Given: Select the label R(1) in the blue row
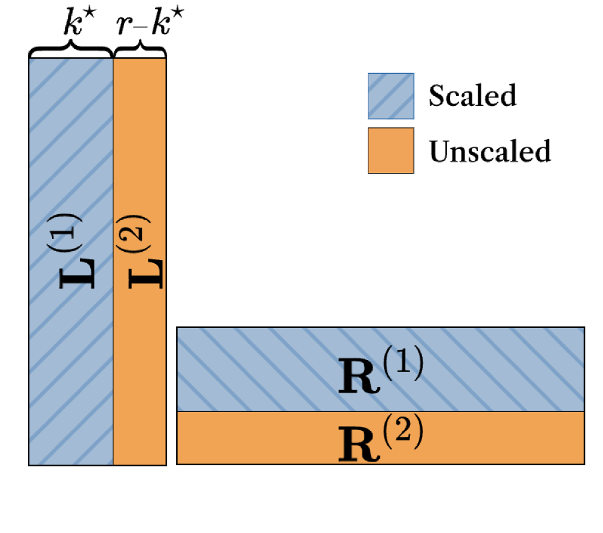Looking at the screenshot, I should click(380, 370).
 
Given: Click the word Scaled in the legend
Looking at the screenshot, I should click(472, 95).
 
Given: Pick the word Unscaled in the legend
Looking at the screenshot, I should click(490, 151).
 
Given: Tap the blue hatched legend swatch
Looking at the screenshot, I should click(391, 96).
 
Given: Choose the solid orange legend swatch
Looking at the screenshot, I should click(391, 150).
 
